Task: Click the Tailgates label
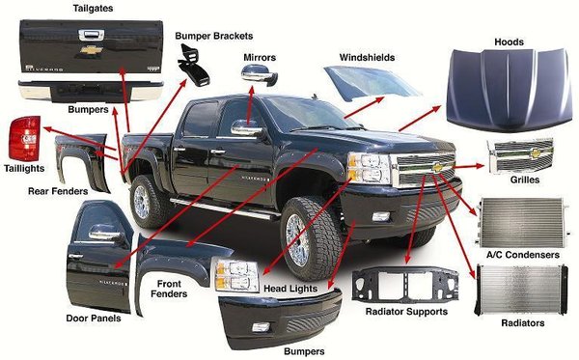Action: (93, 8)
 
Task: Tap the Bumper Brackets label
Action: (214, 36)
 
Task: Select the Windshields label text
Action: (367, 58)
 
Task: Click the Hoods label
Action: (509, 42)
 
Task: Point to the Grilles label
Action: (525, 180)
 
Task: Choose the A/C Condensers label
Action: (522, 255)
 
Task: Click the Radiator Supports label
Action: (406, 312)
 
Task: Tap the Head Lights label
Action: (290, 289)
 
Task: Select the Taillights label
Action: (24, 168)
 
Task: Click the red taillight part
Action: (25, 139)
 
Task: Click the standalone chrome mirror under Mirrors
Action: (260, 75)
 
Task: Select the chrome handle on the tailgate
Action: (92, 36)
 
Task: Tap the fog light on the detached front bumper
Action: (261, 327)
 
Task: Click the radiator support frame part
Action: (405, 285)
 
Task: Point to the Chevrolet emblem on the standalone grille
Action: (536, 152)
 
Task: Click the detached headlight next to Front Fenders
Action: (234, 275)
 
